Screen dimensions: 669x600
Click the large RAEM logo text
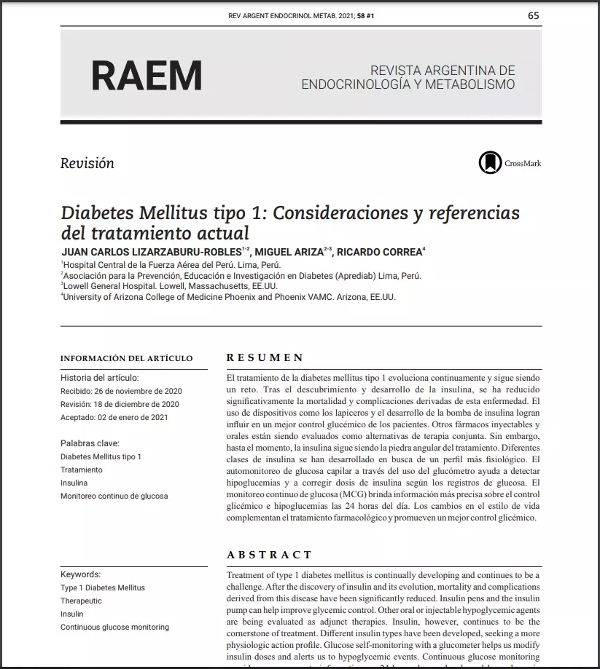pyautogui.click(x=147, y=76)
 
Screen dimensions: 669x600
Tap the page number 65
pyautogui.click(x=534, y=15)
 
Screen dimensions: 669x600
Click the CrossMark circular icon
pyautogui.click(x=490, y=163)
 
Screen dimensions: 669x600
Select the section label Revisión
pyautogui.click(x=87, y=163)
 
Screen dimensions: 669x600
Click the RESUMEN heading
pyautogui.click(x=265, y=357)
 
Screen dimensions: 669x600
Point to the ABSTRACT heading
pyautogui.click(x=269, y=555)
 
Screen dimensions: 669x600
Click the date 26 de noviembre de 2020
pyautogui.click(x=138, y=391)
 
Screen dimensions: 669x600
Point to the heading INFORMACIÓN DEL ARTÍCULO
pyautogui.click(x=126, y=358)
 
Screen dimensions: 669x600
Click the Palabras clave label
pyautogui.click(x=90, y=443)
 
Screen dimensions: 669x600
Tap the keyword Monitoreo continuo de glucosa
pyautogui.click(x=114, y=496)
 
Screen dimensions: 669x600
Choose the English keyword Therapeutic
pyautogui.click(x=81, y=601)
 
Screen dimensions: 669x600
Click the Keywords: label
pyautogui.click(x=80, y=574)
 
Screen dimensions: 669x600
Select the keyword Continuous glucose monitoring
pyautogui.click(x=114, y=627)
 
